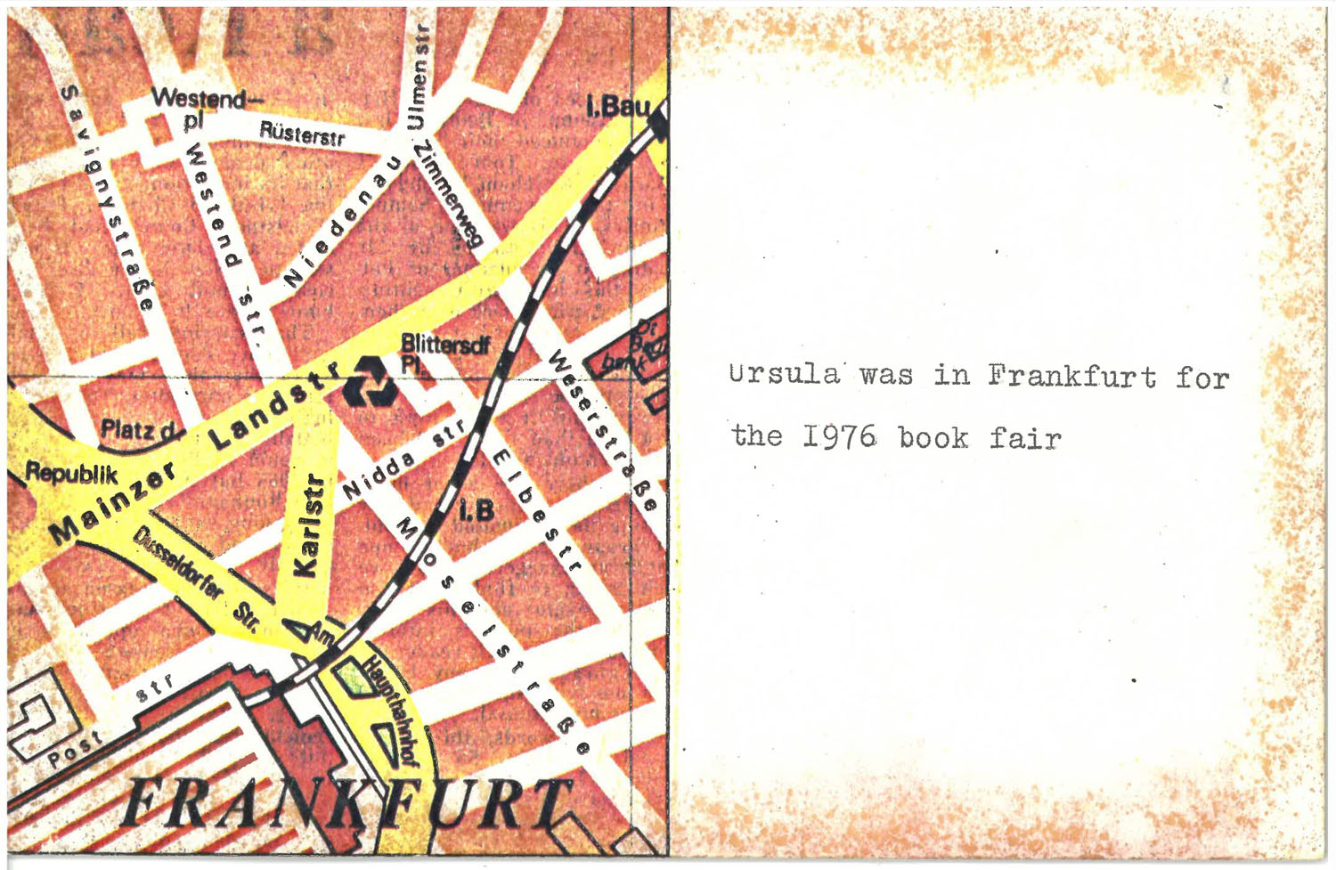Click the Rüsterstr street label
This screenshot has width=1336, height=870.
[301, 134]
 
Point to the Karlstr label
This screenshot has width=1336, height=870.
[308, 524]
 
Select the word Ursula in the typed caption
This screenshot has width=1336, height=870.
[783, 374]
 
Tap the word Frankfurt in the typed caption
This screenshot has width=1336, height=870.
[1071, 377]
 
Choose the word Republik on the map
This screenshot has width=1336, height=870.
[71, 472]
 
